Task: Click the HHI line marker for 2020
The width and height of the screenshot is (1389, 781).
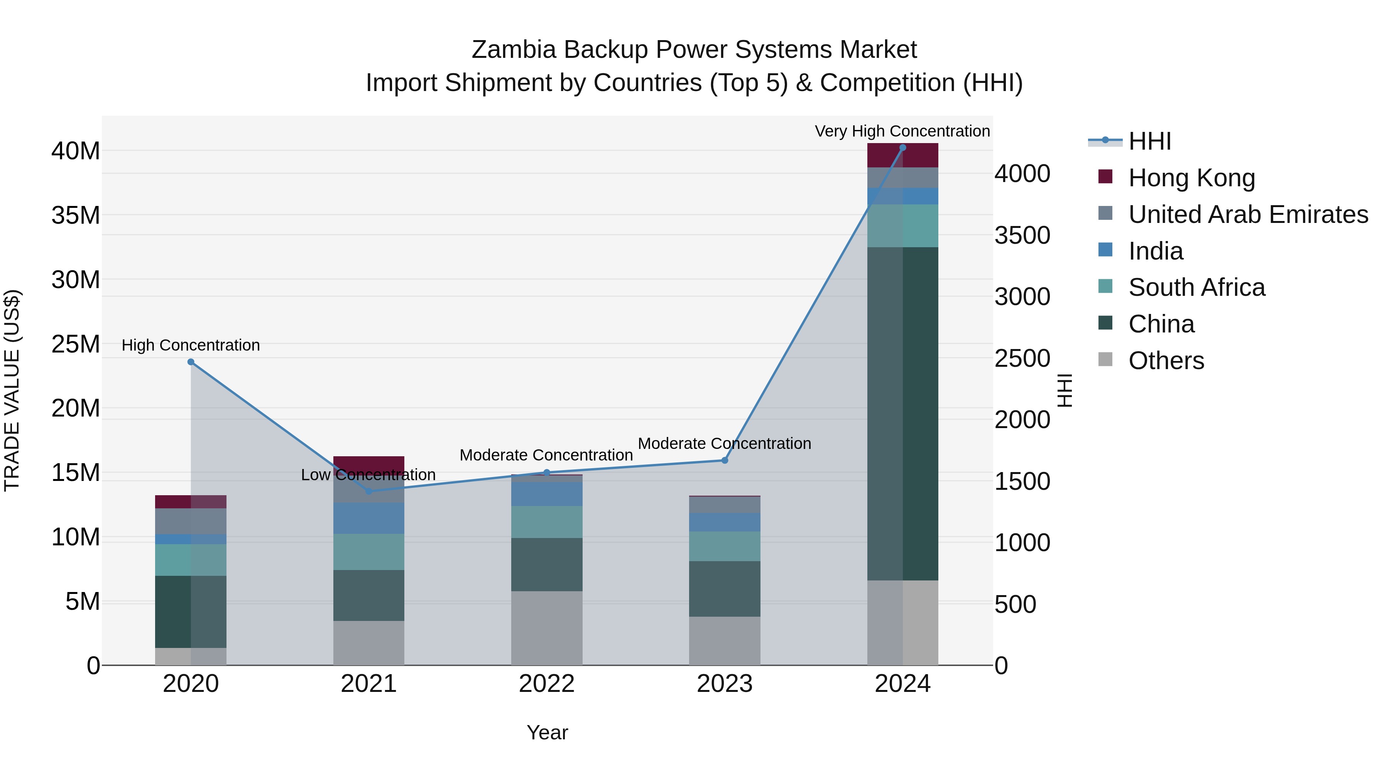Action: pyautogui.click(x=191, y=362)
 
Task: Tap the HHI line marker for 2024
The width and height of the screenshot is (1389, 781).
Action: pyautogui.click(x=902, y=148)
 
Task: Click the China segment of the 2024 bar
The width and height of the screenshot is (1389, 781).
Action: pyautogui.click(x=902, y=413)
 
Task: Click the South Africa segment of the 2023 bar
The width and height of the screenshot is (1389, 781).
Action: pyautogui.click(x=725, y=546)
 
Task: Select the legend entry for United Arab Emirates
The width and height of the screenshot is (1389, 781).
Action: pyautogui.click(x=1248, y=214)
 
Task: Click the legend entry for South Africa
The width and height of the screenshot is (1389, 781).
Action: pyautogui.click(x=1196, y=287)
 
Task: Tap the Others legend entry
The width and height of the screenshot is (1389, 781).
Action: pyautogui.click(x=1166, y=361)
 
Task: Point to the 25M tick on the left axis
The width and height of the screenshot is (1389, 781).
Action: pyautogui.click(x=76, y=344)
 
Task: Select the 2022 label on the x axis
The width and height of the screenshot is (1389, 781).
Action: pyautogui.click(x=547, y=684)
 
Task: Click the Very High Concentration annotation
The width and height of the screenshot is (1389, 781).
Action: pyautogui.click(x=902, y=131)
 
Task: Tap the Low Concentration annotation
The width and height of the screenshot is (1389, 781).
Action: pyautogui.click(x=368, y=475)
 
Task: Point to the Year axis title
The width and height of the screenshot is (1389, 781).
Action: pyautogui.click(x=547, y=732)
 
